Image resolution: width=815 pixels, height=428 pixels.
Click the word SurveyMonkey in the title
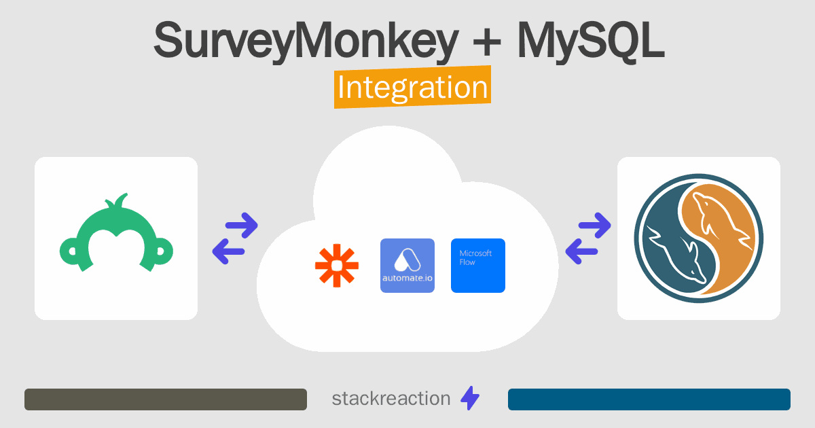click(x=306, y=41)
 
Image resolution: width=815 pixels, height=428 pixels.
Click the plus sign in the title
click(x=487, y=42)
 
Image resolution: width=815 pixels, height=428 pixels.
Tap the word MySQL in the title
click(x=591, y=41)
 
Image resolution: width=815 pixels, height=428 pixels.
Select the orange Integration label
click(x=413, y=87)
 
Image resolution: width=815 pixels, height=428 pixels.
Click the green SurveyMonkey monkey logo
click(x=116, y=233)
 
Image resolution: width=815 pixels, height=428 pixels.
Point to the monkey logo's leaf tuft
click(x=117, y=201)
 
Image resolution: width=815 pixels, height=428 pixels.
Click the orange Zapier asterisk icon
click(x=337, y=266)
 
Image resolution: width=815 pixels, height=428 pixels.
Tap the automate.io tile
click(x=407, y=266)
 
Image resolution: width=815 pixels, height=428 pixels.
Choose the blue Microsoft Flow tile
click(x=478, y=266)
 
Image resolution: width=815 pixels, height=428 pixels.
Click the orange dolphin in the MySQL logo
click(x=722, y=233)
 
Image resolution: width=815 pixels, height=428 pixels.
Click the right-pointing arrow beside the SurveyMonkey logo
click(x=242, y=226)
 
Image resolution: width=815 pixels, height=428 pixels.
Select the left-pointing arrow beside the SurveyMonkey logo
click(x=228, y=251)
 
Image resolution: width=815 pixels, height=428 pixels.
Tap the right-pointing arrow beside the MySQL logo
click(x=595, y=226)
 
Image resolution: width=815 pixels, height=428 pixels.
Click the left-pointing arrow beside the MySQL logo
click(x=582, y=251)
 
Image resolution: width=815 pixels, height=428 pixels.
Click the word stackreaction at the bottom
click(x=391, y=399)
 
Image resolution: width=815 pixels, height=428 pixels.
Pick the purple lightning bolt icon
click(x=470, y=398)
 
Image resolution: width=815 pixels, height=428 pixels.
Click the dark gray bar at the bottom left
click(x=166, y=399)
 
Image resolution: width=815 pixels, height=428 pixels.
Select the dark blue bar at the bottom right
click(x=649, y=399)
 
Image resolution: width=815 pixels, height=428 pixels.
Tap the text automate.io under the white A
click(x=407, y=279)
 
